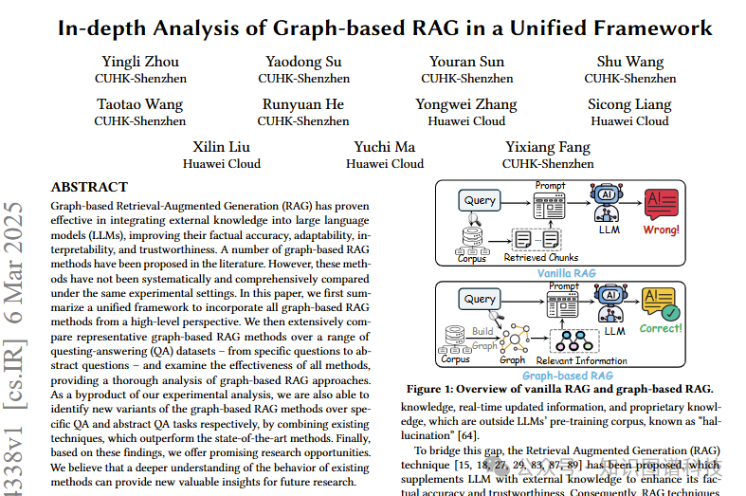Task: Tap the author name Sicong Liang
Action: tap(629, 104)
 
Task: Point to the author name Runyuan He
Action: tap(303, 104)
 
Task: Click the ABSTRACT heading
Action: tap(89, 187)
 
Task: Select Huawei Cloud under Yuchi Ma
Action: tap(385, 163)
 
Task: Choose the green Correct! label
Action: tap(661, 328)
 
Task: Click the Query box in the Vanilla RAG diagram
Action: tap(481, 200)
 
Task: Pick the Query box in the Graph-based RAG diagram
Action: tap(481, 299)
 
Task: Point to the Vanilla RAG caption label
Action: tap(568, 273)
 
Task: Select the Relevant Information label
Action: tap(581, 360)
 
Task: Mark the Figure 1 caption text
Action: tap(558, 389)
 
